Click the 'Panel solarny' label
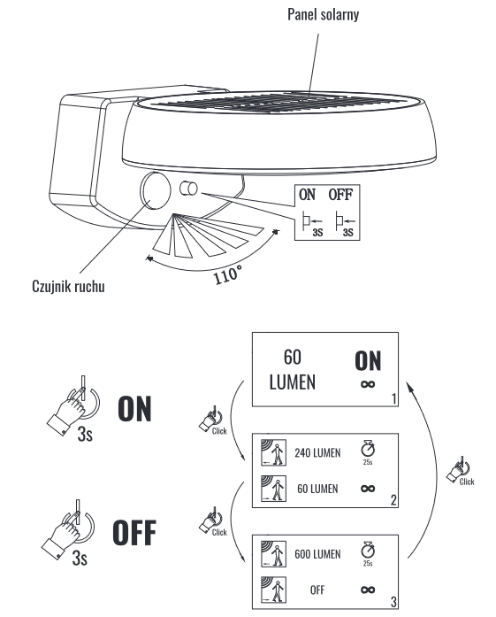point(323,14)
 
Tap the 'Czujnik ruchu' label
point(68,287)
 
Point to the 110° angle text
point(227,274)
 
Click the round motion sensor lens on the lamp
point(156,190)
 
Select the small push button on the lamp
point(188,189)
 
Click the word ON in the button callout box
point(307,195)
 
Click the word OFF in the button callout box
point(340,195)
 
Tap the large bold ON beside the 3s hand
point(134,409)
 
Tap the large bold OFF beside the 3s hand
point(134,532)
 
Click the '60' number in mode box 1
point(293,358)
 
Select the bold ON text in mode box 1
point(368,361)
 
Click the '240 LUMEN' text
point(317,453)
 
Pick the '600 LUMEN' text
point(317,554)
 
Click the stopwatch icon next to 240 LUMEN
point(368,449)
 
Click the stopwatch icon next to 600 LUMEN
point(368,550)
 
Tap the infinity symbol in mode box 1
point(368,384)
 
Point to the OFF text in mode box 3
point(317,590)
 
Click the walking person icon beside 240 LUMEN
point(273,452)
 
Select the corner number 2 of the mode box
point(393,500)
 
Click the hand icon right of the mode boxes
point(458,470)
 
